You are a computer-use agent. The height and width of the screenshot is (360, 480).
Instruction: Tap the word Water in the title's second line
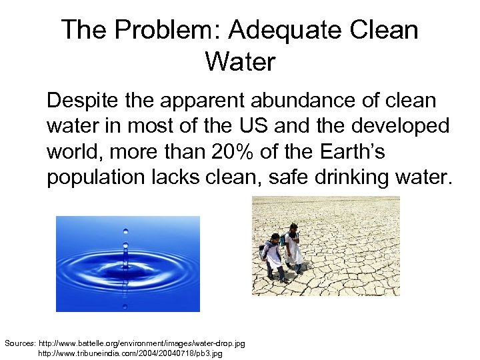(240, 62)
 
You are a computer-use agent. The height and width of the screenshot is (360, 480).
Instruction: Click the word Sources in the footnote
(19, 343)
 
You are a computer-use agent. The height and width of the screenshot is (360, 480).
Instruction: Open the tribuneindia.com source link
(130, 353)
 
